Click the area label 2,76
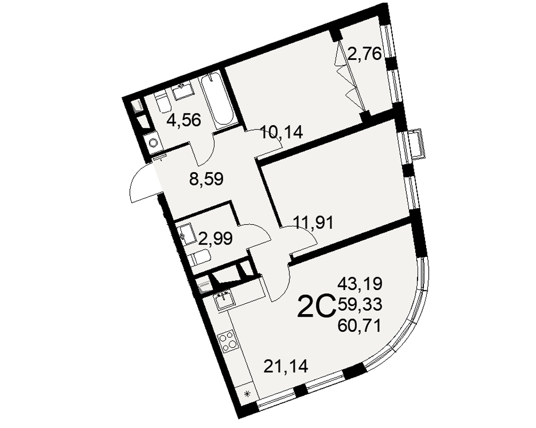click(364, 54)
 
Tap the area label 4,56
click(183, 120)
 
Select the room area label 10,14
click(281, 132)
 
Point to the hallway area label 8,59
click(206, 179)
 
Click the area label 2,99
click(215, 238)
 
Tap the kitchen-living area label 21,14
click(286, 366)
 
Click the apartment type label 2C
click(316, 306)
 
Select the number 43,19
click(359, 284)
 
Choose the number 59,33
click(359, 304)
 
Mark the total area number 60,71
click(359, 327)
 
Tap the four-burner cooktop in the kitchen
click(228, 342)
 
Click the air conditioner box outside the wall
click(418, 143)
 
